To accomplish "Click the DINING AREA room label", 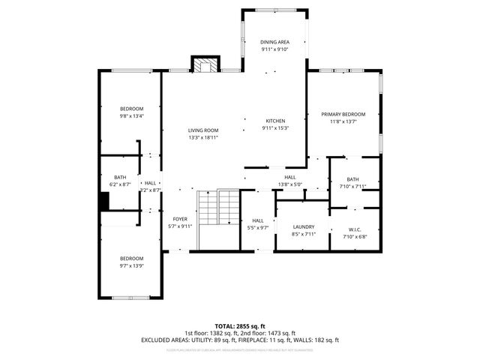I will point(274,42).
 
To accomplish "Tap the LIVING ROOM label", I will point(203,130).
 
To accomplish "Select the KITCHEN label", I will point(275,121).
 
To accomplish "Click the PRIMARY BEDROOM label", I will point(343,114).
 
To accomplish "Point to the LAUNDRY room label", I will point(304,226).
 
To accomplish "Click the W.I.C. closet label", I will point(355,229).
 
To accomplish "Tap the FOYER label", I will point(180,219).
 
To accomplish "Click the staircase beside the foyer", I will point(217,218).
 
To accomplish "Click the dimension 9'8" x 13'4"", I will point(132,116).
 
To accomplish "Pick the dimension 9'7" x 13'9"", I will point(131,265).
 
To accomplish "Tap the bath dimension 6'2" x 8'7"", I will point(121,184).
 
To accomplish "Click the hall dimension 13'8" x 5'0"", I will point(289,184).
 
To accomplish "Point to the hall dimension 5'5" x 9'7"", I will point(258,228).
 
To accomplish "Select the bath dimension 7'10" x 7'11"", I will point(352,186).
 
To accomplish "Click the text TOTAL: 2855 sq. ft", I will point(239,327).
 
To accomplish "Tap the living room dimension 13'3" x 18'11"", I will point(203,137).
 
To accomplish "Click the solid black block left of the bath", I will point(106,202).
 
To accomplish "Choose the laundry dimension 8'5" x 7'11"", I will point(304,234).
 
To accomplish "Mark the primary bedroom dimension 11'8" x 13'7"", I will point(343,121).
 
